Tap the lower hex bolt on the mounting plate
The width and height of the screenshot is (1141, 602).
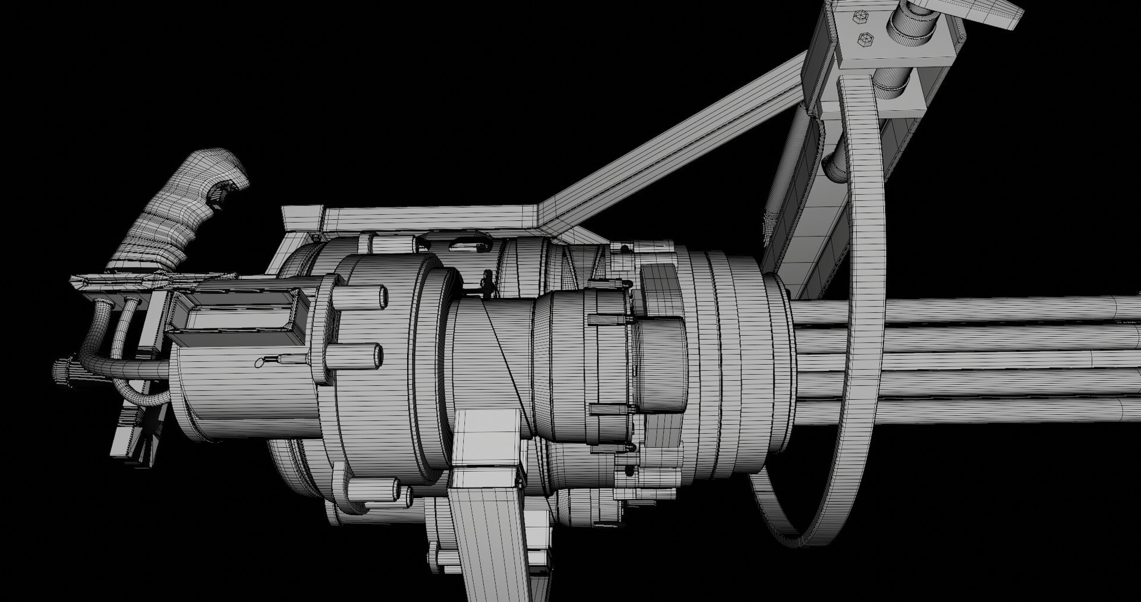click(x=865, y=40)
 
